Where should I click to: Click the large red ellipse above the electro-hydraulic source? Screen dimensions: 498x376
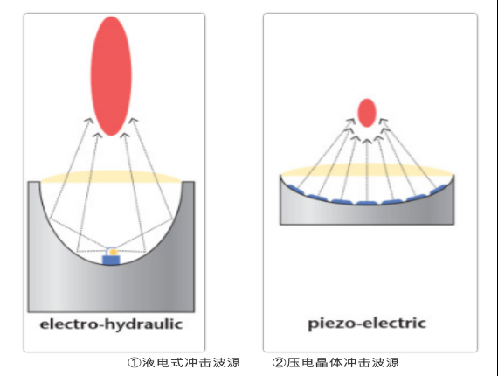111,76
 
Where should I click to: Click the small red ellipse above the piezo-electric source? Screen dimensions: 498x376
367,113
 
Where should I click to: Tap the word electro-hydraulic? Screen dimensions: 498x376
111,324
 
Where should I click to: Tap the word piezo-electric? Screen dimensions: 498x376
367,324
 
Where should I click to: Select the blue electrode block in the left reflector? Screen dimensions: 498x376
112,260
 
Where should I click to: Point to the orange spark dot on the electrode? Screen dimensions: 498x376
113,252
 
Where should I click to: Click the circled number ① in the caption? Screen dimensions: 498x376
134,362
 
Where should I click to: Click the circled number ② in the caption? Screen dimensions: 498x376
279,362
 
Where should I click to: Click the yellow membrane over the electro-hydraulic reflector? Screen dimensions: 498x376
111,177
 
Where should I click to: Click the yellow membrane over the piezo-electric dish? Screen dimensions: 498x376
367,170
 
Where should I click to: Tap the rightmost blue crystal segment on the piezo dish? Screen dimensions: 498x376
439,189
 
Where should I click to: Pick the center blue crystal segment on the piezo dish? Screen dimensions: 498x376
367,203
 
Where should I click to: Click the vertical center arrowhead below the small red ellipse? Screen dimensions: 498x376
367,141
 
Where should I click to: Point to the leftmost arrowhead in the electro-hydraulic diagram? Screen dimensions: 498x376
88,121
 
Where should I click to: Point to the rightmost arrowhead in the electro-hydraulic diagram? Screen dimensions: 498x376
134,121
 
